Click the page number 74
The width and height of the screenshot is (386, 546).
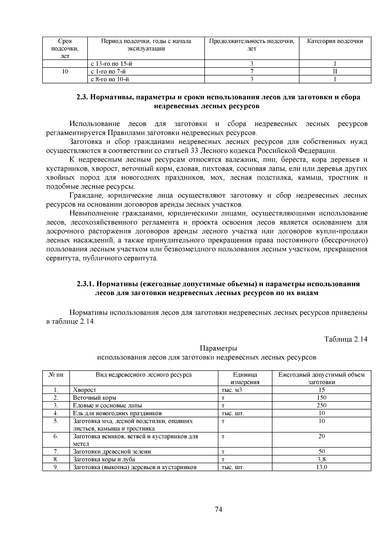click(x=218, y=509)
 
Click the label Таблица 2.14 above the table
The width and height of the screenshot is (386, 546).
click(x=346, y=339)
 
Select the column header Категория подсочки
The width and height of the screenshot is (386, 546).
click(x=335, y=41)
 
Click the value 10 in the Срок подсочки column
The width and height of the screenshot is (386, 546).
click(x=65, y=71)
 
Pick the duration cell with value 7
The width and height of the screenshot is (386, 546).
click(x=252, y=71)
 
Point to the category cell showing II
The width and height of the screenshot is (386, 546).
click(x=335, y=71)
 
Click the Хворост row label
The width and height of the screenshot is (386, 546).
click(x=85, y=390)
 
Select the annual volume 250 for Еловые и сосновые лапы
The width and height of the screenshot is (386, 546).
click(x=321, y=405)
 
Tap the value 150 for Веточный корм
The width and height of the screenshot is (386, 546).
click(x=321, y=398)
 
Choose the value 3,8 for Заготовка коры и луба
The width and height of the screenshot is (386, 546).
click(x=321, y=459)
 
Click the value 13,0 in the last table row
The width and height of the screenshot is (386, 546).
click(x=321, y=467)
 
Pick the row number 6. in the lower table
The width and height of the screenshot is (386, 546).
click(x=56, y=436)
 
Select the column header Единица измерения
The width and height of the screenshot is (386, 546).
click(x=245, y=378)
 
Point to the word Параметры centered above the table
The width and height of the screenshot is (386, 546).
click(x=218, y=348)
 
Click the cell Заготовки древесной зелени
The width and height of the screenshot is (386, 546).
click(x=112, y=452)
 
